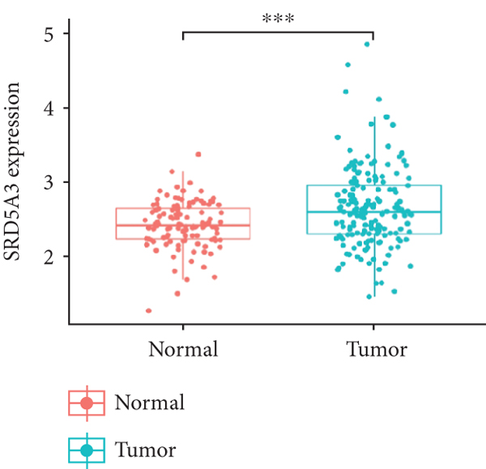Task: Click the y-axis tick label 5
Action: point(51,34)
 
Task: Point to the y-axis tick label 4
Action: point(51,109)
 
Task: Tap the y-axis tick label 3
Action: point(51,182)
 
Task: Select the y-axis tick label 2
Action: point(51,257)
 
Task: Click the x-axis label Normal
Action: point(183,350)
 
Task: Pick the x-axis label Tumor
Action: point(373,350)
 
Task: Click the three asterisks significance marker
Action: point(278,18)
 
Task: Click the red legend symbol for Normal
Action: point(87,403)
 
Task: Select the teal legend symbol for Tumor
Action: point(87,450)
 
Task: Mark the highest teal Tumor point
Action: point(367,45)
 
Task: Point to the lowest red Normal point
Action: point(149,310)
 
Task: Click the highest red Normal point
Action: point(198,154)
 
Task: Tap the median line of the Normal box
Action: point(183,225)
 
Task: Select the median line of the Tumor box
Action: point(373,212)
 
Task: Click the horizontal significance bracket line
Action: point(278,32)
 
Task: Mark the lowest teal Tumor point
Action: point(369,296)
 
